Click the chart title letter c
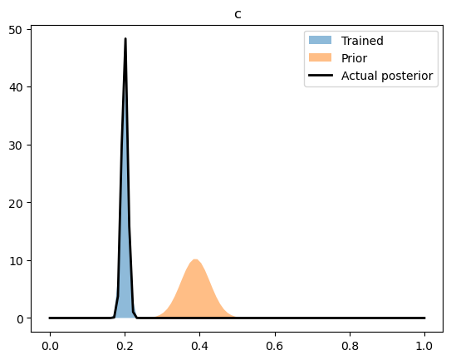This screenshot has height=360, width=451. (x=238, y=14)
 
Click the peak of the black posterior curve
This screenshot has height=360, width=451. (x=125, y=39)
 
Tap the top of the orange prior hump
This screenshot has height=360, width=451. (x=194, y=260)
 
